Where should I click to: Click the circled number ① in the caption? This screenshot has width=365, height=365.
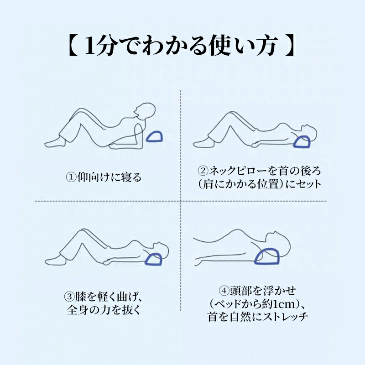[x=72, y=177]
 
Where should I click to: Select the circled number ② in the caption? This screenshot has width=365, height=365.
[x=203, y=171]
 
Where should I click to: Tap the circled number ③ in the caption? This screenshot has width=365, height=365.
[x=69, y=297]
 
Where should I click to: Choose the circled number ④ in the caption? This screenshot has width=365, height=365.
[x=224, y=291]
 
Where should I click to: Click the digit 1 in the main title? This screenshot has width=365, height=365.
[x=91, y=46]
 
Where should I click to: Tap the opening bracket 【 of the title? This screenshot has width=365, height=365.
[x=73, y=46]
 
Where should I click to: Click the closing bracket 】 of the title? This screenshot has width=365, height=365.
[x=290, y=46]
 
